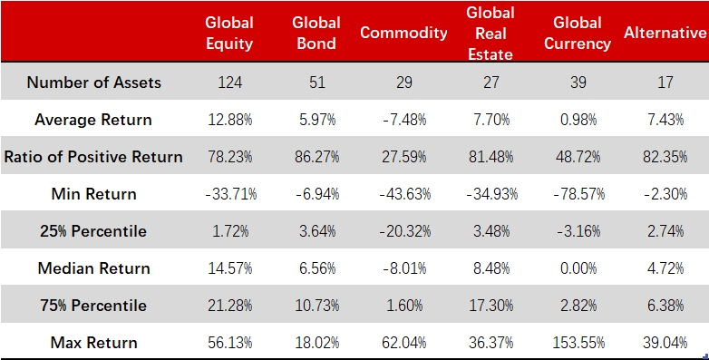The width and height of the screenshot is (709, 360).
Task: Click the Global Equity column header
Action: [x=229, y=33]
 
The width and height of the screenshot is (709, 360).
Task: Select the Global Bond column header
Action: [x=316, y=33]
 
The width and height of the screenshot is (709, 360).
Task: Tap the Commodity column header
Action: [x=403, y=33]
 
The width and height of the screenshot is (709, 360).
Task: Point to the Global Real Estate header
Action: [x=490, y=33]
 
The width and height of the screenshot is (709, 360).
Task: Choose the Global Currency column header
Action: [x=578, y=33]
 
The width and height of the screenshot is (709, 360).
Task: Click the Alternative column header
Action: [x=665, y=33]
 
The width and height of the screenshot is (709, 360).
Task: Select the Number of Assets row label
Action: [x=93, y=83]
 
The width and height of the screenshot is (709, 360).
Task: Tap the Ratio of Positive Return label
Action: [x=93, y=157]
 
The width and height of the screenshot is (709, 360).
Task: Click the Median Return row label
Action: [x=93, y=268]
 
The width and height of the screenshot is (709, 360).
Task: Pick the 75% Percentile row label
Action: [x=93, y=306]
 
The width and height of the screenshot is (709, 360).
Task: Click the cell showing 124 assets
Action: [x=229, y=83]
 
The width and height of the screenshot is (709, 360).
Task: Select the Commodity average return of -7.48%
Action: [x=403, y=120]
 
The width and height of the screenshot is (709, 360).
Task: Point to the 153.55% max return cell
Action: [x=578, y=343]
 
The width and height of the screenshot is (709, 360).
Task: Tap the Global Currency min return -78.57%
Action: [x=578, y=194]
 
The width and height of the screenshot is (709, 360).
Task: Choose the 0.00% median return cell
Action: [x=578, y=268]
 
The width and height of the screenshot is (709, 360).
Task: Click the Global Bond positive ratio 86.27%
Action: [x=316, y=157]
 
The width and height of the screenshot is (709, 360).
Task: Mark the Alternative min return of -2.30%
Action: [x=665, y=194]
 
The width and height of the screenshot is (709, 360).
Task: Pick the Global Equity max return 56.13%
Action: [x=229, y=343]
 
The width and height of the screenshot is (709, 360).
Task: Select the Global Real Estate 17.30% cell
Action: [x=490, y=306]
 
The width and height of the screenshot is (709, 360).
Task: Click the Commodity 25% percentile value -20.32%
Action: [x=403, y=231]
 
